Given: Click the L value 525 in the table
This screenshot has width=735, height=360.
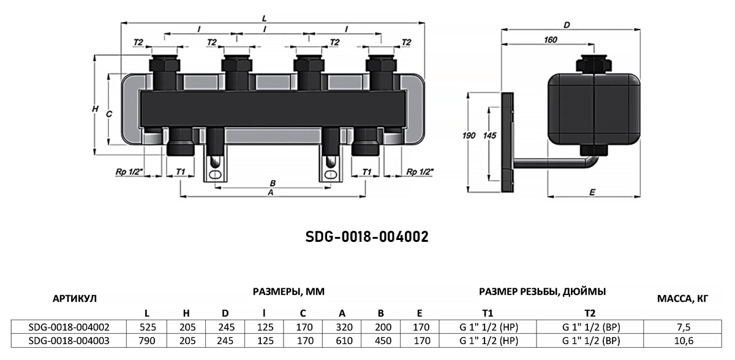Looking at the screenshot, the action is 146,327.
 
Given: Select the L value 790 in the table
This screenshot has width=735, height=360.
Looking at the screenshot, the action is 146,340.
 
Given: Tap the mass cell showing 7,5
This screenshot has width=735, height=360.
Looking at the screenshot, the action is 683,327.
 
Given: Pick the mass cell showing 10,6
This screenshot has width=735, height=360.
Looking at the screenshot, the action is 684,340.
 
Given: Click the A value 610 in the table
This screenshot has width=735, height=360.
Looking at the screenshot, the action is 344,340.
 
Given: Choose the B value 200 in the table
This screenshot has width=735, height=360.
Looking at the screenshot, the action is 383,327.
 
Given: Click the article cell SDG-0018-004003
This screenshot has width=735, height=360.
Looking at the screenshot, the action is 69,340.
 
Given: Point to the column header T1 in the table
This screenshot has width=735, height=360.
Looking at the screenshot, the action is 488,313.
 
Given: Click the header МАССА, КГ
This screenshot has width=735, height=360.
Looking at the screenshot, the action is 682,298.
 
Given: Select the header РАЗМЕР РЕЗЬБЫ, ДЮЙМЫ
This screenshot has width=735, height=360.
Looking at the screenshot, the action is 543,291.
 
